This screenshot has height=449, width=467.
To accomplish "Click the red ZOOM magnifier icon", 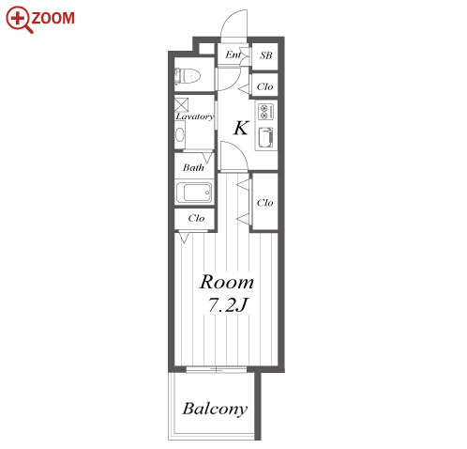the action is (20, 19).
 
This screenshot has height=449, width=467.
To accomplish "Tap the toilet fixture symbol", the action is (187, 76).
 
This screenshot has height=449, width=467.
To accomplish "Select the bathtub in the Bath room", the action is (194, 193).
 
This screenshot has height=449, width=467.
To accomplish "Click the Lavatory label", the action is (194, 116).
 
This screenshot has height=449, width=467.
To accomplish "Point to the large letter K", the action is (241, 128).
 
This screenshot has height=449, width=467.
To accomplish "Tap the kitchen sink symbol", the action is (265, 137).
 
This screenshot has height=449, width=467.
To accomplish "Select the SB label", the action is (265, 55).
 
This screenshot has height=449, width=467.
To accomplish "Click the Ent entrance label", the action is (233, 54).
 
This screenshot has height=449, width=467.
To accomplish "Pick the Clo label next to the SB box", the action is (264, 86).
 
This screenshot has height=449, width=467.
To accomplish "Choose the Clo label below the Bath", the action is (196, 218).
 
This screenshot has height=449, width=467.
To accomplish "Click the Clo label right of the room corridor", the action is (264, 203).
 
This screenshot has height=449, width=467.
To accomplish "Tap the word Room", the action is (227, 282).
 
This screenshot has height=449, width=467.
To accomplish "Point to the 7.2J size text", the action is (228, 304).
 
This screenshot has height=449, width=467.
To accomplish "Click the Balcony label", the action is (215, 409).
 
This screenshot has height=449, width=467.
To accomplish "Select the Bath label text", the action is (193, 167).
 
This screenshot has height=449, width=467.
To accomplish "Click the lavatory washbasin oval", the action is (180, 135).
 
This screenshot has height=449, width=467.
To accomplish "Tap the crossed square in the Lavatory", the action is (181, 105).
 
